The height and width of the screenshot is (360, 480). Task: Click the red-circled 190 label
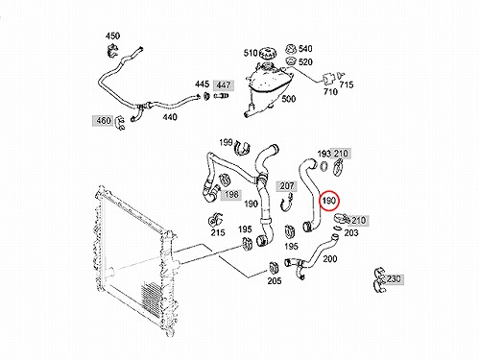328,201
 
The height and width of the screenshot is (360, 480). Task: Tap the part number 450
112,36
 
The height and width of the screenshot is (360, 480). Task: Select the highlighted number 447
224,85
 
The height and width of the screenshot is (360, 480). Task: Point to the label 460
104,121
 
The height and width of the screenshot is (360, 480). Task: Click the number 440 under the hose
170,117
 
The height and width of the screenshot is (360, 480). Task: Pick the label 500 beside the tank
288,99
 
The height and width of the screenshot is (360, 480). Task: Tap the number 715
347,84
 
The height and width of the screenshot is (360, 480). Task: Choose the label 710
330,92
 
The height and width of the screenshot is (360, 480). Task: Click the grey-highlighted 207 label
287,185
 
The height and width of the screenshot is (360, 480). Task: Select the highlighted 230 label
394,279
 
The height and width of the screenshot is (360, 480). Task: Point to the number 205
275,281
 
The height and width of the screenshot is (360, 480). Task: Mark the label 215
218,232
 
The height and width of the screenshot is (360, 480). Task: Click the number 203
351,233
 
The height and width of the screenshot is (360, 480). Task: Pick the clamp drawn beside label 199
242,148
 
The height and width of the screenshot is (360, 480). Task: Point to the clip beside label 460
120,122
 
